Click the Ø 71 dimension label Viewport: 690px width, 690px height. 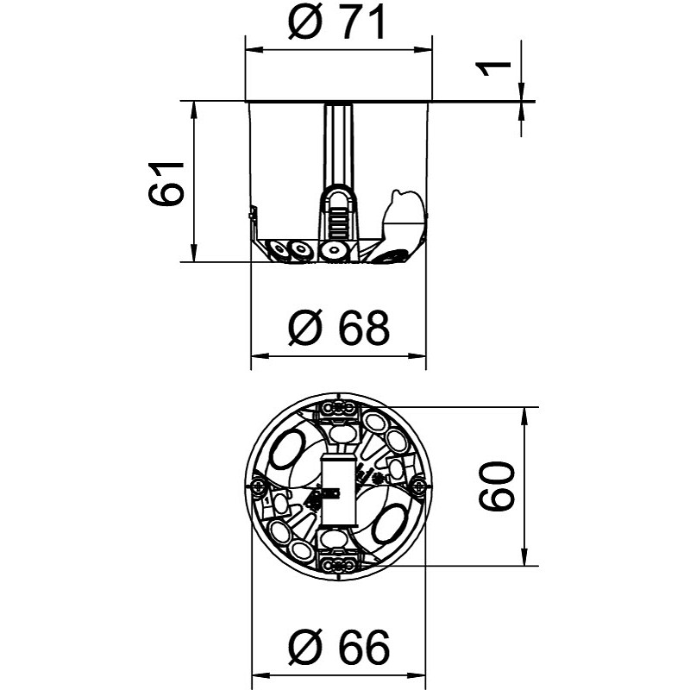337,25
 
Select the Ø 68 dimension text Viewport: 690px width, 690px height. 339,328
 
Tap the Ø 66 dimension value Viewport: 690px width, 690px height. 339,644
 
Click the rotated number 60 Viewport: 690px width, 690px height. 498,486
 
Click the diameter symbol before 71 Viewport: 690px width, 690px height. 305,25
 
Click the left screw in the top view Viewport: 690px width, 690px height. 258,487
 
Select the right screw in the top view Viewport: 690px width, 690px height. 418,487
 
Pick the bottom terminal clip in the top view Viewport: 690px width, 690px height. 338,564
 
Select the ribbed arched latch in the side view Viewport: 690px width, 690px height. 338,216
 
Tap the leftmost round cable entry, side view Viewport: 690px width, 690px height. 279,251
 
